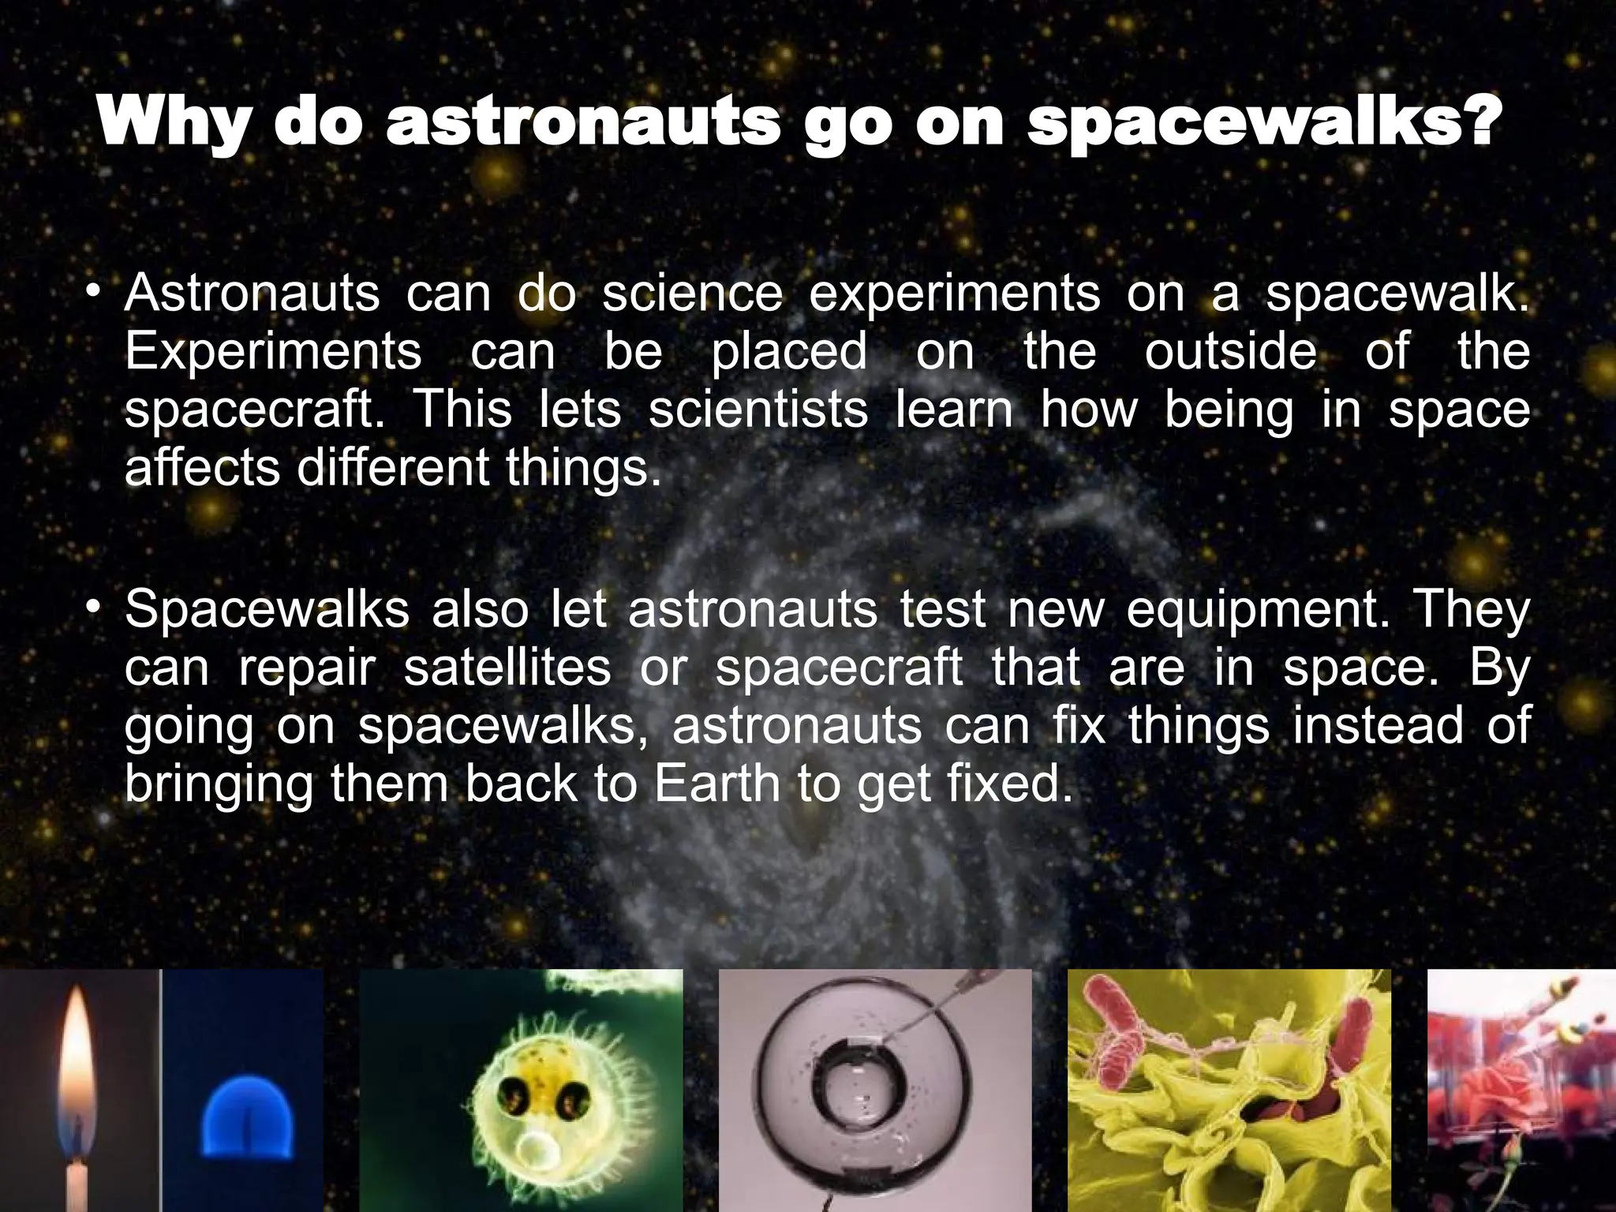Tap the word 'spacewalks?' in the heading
[x=1261, y=124]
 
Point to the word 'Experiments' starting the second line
[x=273, y=352]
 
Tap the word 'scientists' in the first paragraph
[x=757, y=410]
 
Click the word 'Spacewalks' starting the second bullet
[x=267, y=610]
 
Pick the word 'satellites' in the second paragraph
[x=507, y=668]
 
